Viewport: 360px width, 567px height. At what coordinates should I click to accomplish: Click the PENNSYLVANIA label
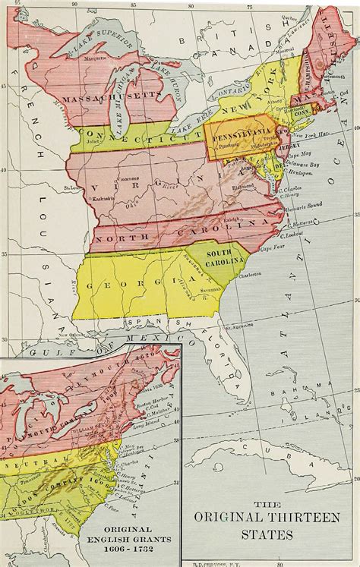[x=237, y=129]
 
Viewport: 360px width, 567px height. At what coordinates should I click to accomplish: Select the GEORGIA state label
[x=114, y=285]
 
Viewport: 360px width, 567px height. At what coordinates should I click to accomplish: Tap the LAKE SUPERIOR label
[x=91, y=43]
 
